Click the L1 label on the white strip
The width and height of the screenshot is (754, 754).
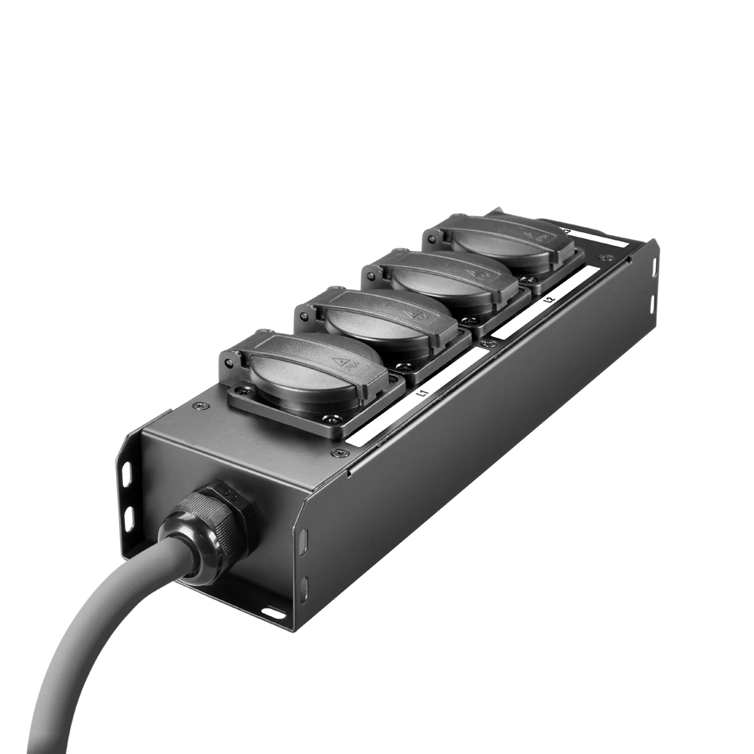pos(423,393)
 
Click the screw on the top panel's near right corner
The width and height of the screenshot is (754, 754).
pos(339,453)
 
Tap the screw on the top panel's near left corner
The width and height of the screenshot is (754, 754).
pos(199,406)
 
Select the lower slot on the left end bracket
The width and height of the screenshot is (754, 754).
pos(129,516)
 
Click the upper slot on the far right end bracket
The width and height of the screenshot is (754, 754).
pos(653,266)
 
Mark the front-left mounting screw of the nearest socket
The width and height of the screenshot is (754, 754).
pos(243,390)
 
